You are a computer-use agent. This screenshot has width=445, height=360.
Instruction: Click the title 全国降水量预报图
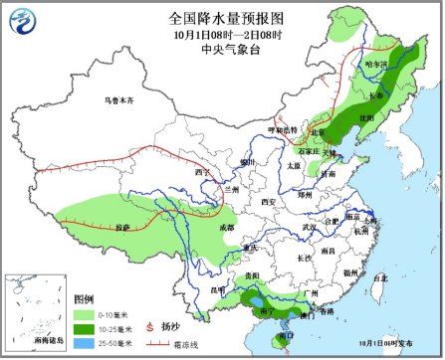pos(221,17)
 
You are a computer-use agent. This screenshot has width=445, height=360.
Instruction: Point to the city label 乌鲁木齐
pos(119,100)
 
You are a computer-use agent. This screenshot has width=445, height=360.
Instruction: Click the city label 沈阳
pos(368,116)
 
